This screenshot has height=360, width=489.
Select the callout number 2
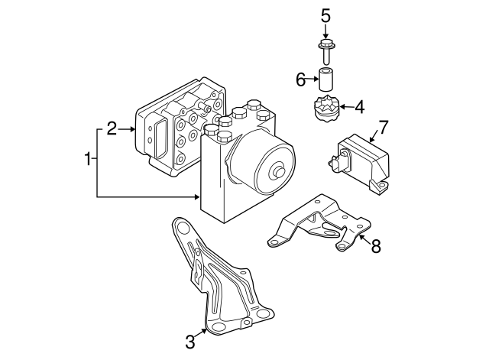click(112, 128)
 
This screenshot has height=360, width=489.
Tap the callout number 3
click(189, 341)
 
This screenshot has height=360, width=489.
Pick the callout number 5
click(325, 15)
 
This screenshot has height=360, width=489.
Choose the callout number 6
click(300, 78)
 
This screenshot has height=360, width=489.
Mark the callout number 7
click(384, 126)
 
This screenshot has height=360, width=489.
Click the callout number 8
click(374, 245)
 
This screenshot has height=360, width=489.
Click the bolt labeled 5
click(325, 51)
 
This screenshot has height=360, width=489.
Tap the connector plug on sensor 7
click(335, 163)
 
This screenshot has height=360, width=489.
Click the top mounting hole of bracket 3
click(181, 225)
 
